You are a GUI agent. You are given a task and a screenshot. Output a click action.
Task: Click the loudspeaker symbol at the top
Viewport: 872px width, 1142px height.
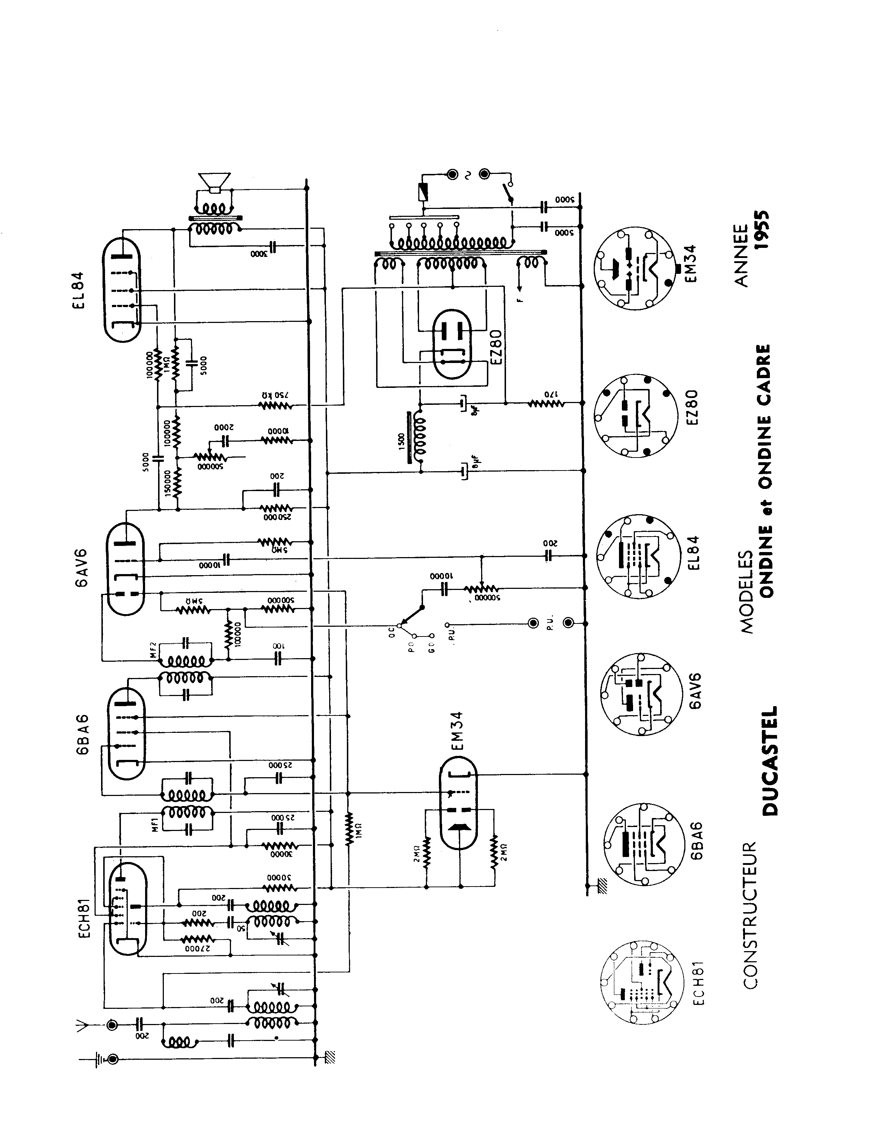coord(214,183)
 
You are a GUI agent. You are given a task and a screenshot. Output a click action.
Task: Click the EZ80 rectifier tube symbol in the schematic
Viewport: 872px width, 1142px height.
coord(452,345)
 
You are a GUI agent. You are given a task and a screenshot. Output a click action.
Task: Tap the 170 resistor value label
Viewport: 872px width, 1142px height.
coord(549,394)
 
